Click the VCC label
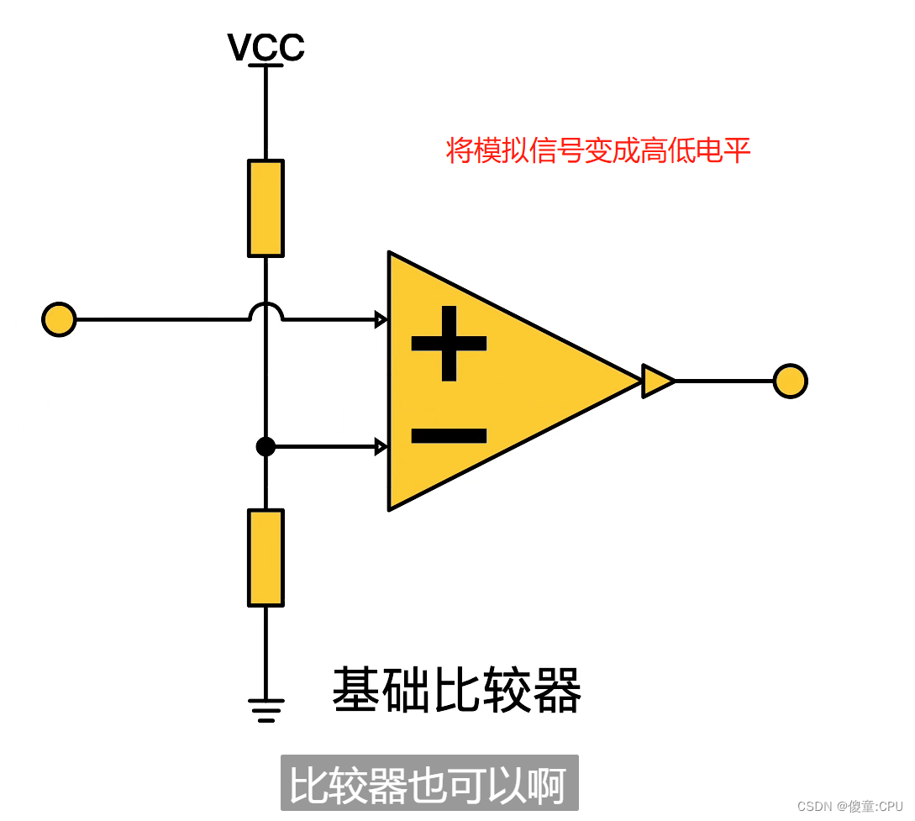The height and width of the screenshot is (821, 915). coord(266,48)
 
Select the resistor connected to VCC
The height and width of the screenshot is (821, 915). coord(266,208)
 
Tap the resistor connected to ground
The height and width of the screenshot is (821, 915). coord(266,557)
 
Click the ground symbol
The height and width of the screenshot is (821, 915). coord(266,711)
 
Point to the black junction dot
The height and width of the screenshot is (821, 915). coord(266,446)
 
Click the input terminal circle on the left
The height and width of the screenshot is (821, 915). coord(59,320)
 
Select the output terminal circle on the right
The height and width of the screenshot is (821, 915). coord(790,381)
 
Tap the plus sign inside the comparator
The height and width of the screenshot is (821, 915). coord(449,343)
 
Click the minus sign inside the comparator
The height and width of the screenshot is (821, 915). coord(449,435)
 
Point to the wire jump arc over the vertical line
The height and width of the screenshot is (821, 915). coord(266,312)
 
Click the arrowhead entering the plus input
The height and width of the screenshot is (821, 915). coord(381,319)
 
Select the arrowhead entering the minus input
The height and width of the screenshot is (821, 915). coord(381,446)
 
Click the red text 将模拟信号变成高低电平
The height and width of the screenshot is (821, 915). coord(597,151)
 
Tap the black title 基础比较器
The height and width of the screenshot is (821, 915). coord(457,691)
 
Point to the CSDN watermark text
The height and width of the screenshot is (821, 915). coord(849,806)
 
